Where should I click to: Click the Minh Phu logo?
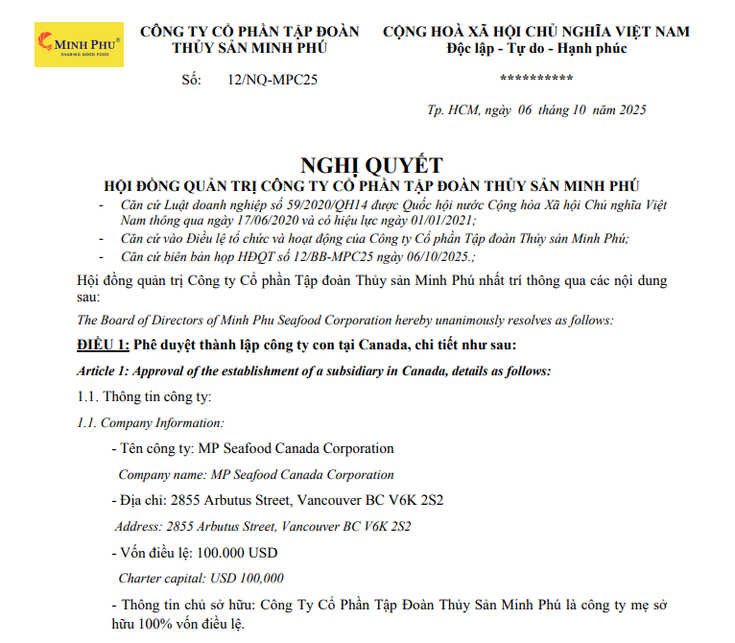(x=79, y=43)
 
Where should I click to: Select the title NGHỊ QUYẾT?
(x=371, y=165)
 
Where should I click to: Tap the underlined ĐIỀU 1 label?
(x=103, y=345)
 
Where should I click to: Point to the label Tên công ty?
(x=157, y=448)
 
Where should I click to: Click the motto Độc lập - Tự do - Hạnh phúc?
(x=536, y=48)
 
